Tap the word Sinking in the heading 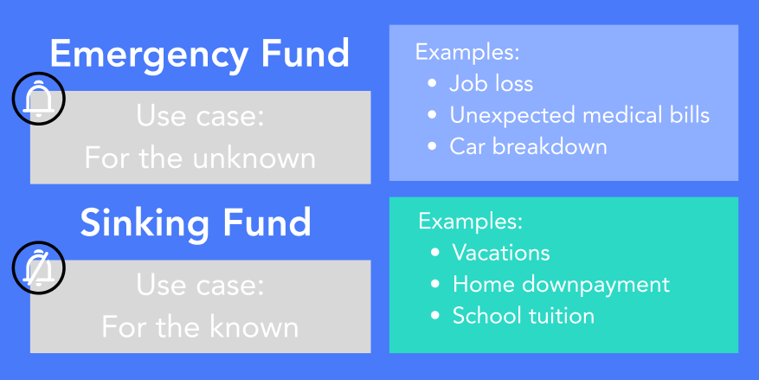[x=144, y=222]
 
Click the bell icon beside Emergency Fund [x=38, y=99]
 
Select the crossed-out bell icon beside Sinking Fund [x=38, y=267]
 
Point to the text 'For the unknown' [x=200, y=158]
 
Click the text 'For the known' [x=200, y=327]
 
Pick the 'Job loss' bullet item [x=491, y=83]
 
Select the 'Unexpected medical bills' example [x=579, y=115]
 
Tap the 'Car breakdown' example [x=528, y=146]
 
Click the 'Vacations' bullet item [x=501, y=253]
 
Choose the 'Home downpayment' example [x=561, y=285]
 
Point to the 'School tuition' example [x=524, y=316]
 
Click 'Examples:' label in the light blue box [x=467, y=52]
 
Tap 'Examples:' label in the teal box [x=471, y=222]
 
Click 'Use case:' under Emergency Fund [x=200, y=116]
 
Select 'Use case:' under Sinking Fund [x=200, y=286]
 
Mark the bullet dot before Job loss [x=432, y=83]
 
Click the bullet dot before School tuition [x=435, y=316]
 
